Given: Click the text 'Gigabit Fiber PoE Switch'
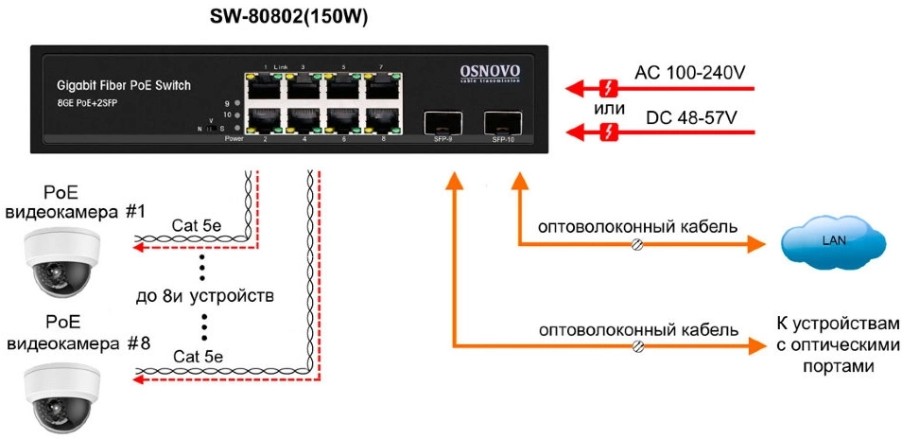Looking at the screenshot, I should point(123,86).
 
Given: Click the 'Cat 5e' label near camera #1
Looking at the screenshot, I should point(197,227).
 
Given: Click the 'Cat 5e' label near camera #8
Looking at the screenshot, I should point(197,358).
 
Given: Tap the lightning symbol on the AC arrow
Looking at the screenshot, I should point(610,90).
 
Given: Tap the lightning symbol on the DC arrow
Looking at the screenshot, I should point(610,133).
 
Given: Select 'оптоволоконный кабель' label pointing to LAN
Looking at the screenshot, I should point(638,228).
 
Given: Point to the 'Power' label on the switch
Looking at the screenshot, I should point(234,139).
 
